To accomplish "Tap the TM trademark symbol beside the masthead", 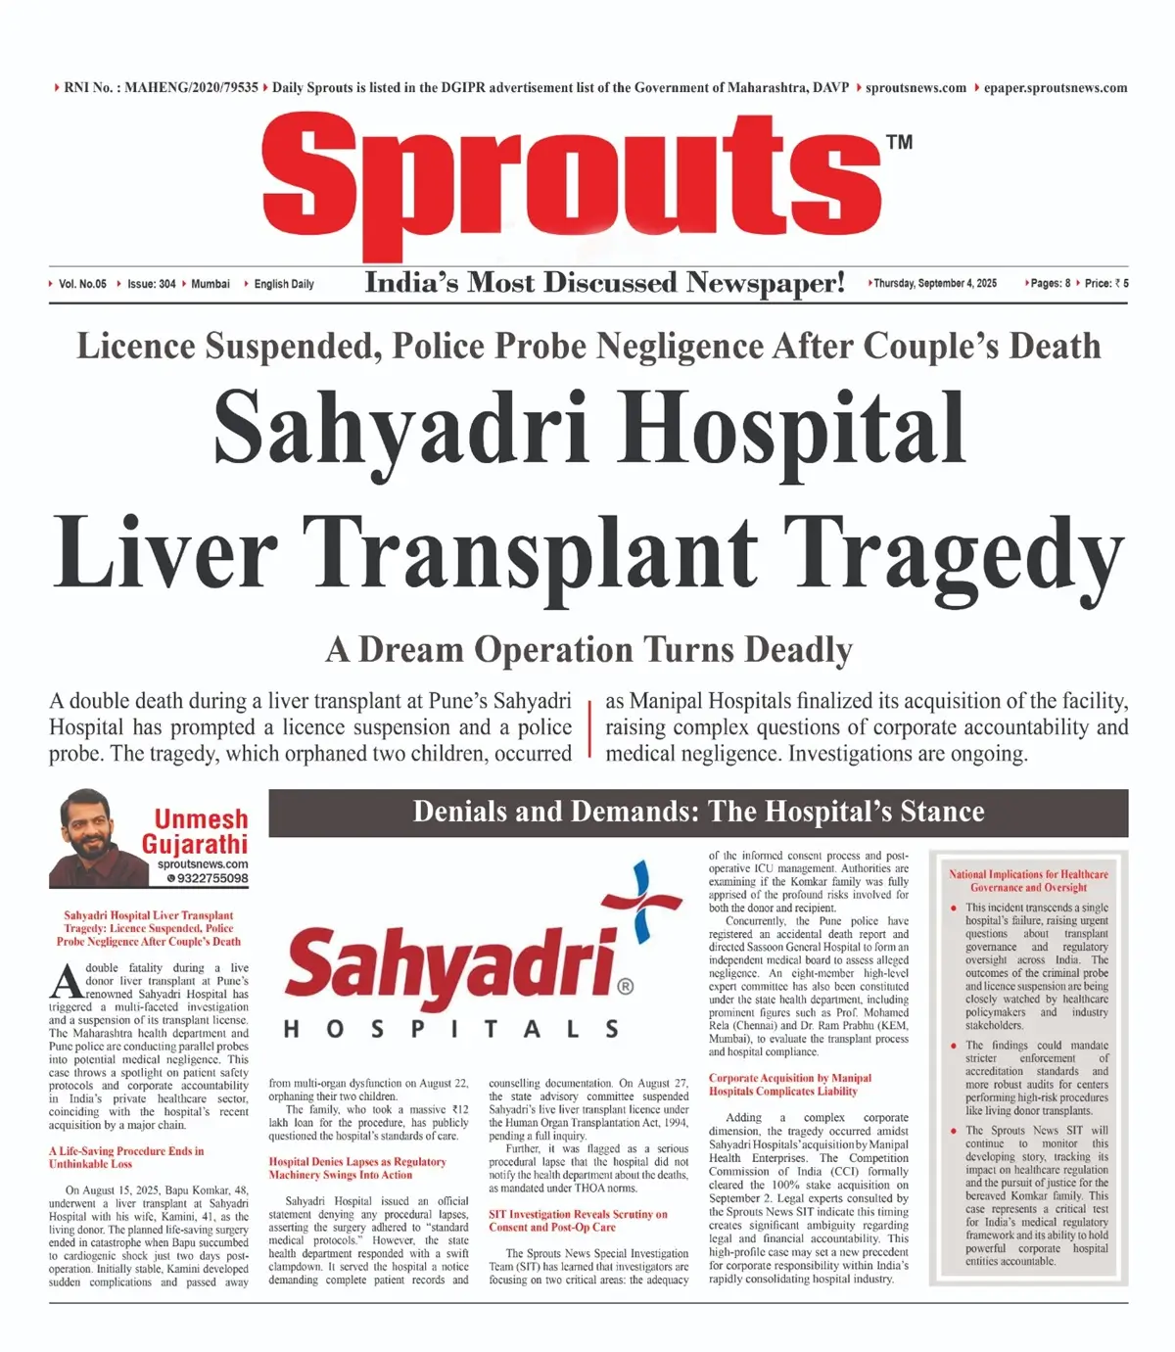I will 899,142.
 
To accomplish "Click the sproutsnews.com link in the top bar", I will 916,88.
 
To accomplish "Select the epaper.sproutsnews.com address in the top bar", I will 1056,88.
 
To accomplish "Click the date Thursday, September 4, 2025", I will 934,284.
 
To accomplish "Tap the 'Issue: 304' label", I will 151,284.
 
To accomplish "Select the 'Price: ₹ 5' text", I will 1105,284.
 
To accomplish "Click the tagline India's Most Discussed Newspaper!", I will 604,283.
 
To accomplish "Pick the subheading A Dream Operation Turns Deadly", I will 588,650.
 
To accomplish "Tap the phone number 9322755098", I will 211,878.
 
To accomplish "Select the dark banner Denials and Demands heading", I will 698,812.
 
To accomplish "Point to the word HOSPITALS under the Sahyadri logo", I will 451,1029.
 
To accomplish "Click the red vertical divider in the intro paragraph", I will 589,727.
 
